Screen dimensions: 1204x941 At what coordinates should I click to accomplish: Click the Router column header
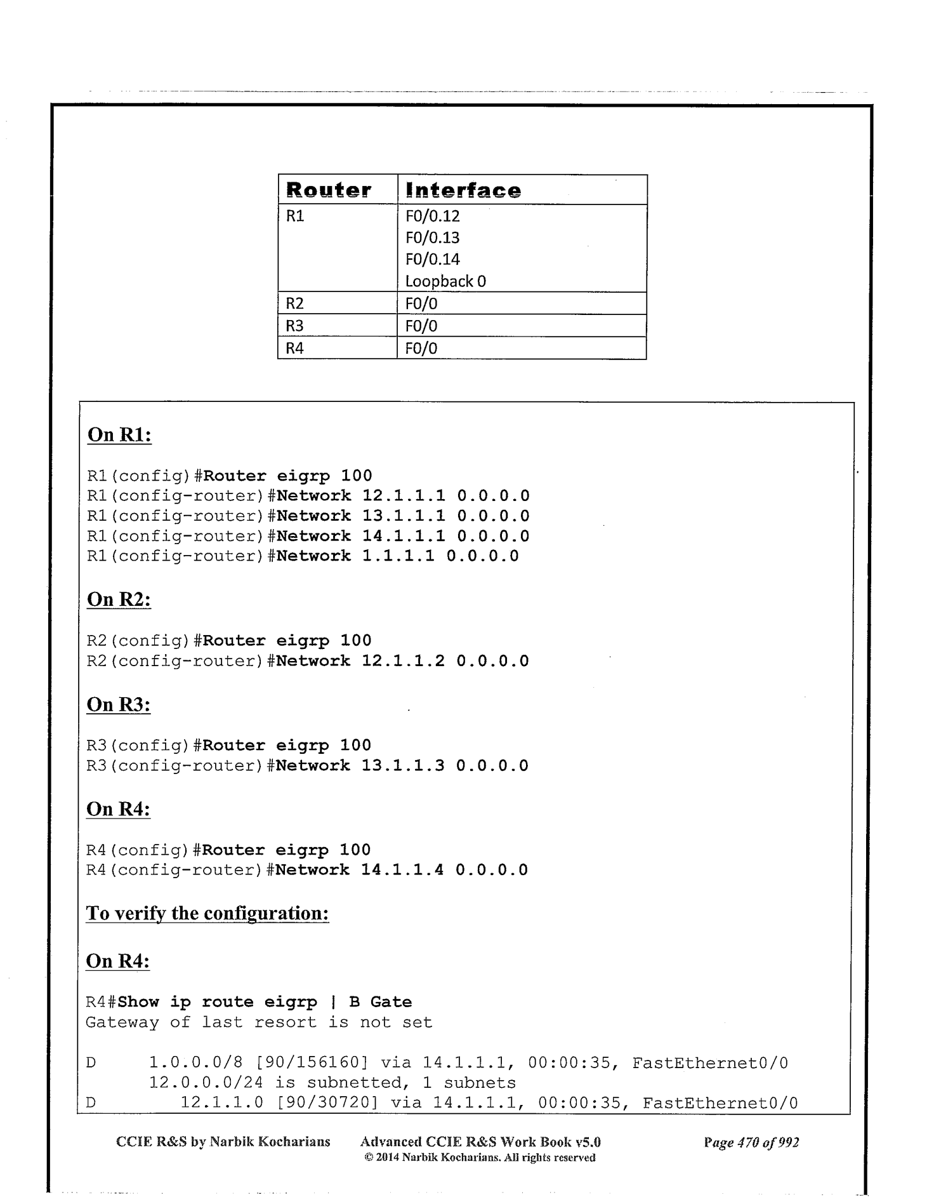329,190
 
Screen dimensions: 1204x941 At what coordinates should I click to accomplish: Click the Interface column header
463,190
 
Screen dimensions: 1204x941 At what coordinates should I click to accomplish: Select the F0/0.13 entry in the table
432,237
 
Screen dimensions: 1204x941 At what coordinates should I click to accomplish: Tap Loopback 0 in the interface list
445,281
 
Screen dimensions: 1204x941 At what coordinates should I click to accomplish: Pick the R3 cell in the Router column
294,326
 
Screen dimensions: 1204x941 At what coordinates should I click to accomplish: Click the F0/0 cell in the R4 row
421,348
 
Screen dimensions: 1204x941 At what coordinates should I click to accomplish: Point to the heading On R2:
119,599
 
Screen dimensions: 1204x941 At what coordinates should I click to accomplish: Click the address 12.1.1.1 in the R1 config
404,495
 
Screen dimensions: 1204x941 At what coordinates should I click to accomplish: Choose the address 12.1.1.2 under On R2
403,660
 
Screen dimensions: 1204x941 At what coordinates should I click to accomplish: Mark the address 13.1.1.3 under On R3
403,765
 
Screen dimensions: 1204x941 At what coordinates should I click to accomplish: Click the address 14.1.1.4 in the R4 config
402,869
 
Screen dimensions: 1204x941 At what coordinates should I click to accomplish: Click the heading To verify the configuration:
207,913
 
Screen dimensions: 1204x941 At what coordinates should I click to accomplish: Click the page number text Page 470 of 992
751,1142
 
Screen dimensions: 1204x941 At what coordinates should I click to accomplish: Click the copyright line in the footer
480,1157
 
